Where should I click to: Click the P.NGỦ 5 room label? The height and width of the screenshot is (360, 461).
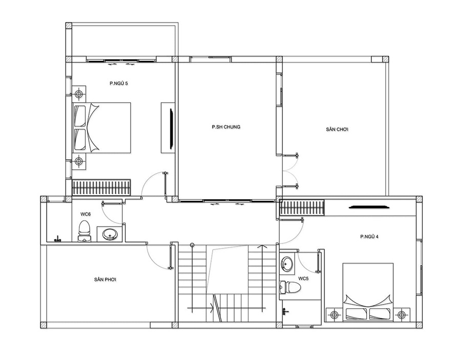tap(119, 83)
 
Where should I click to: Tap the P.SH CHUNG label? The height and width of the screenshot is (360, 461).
tap(226, 127)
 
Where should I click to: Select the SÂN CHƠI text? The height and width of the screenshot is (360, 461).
tap(337, 129)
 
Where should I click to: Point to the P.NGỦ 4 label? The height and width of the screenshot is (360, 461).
tap(369, 237)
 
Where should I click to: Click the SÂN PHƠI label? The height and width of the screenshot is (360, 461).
tap(105, 280)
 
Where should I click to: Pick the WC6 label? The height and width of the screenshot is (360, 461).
tap(86, 214)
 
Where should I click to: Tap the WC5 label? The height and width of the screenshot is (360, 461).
tap(303, 278)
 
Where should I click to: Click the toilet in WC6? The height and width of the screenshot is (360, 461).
tap(85, 231)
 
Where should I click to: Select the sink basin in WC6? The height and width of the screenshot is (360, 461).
tap(110, 234)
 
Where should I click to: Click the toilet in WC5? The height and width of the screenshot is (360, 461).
tap(290, 287)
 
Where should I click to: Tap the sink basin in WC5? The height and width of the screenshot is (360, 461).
tap(287, 264)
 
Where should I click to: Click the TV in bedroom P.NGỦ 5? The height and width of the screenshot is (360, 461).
tap(171, 129)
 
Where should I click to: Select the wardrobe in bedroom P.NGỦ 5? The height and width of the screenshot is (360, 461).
tap(101, 187)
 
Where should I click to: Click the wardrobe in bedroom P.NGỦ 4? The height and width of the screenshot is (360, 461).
tap(302, 208)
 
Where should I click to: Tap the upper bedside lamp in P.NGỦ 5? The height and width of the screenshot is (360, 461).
tap(78, 94)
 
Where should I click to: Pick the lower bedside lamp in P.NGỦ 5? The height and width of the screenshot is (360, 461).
tap(78, 161)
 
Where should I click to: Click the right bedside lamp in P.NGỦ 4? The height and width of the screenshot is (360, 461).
tap(401, 315)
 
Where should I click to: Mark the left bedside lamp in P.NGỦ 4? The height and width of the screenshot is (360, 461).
tap(334, 315)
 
